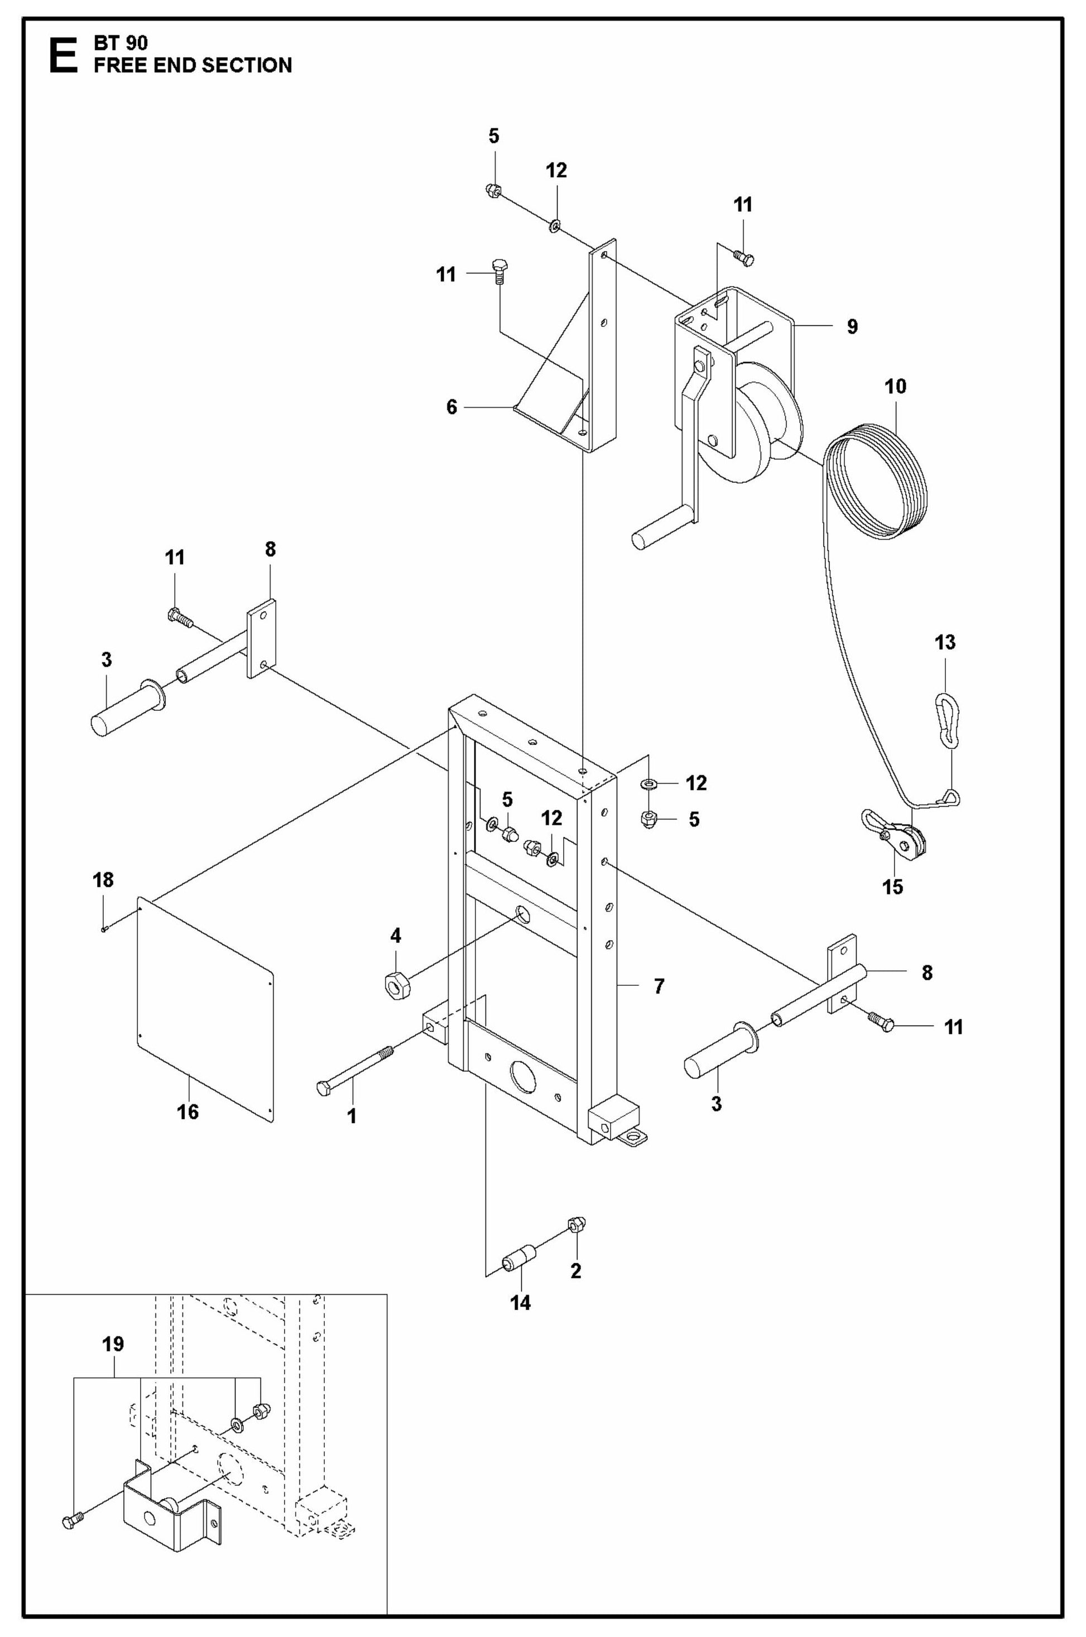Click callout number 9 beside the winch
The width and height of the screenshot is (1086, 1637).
point(852,326)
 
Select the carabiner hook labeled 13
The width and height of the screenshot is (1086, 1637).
point(946,721)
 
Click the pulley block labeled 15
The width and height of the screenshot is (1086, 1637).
point(900,839)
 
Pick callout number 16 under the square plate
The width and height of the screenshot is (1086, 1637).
point(188,1112)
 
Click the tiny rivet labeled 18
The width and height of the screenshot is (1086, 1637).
point(104,930)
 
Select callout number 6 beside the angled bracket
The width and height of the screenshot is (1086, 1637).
point(451,407)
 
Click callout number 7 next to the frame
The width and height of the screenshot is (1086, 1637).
point(659,985)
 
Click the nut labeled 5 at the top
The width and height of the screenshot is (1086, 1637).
point(494,190)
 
